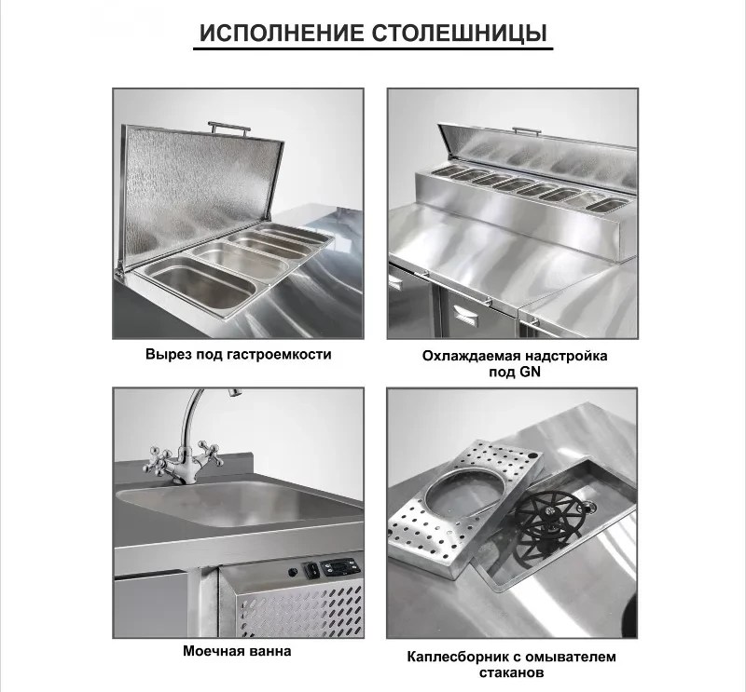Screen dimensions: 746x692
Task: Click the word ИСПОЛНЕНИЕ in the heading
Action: [x=283, y=33]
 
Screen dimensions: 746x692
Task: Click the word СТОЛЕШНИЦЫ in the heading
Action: [x=460, y=34]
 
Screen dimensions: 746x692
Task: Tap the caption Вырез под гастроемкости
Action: [x=239, y=355]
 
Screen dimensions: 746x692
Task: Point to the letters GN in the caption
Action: [x=530, y=372]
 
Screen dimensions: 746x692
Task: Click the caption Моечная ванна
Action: [x=237, y=651]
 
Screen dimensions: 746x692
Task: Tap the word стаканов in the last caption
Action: [x=511, y=672]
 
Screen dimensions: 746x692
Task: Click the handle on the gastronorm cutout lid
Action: [x=229, y=129]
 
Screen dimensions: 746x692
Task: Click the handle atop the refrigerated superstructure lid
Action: [x=527, y=131]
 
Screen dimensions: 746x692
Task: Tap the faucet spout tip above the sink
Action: [x=234, y=391]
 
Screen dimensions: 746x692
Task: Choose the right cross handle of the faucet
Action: [x=208, y=453]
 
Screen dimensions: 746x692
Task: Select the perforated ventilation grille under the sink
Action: [x=299, y=611]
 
